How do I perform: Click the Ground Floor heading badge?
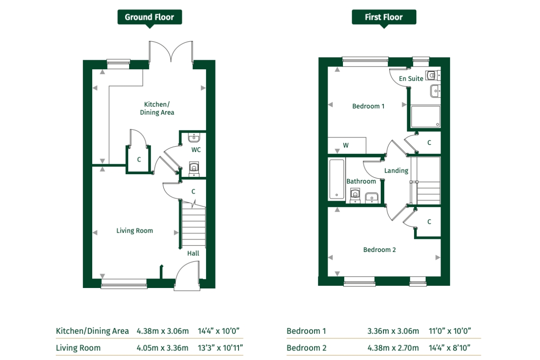coord(149,18)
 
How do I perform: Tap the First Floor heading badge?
coord(384,18)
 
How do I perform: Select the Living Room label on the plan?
coord(135,230)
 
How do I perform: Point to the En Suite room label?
coord(411,79)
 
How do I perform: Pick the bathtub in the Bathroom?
coord(337,179)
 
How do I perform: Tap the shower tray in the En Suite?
coord(426,116)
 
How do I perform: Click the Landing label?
coord(396,171)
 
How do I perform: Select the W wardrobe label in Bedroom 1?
coord(346,145)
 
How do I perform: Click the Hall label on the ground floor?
coord(193,253)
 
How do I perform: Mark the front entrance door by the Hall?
coord(187,276)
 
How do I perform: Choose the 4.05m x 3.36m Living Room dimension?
coord(162,348)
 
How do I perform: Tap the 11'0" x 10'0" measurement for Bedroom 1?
coord(450,331)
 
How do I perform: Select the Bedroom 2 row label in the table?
coord(306,348)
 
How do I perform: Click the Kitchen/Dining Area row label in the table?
coord(92,331)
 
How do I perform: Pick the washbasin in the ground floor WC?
coord(193,138)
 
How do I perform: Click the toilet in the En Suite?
coord(433,76)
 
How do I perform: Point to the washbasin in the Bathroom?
coord(372,198)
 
